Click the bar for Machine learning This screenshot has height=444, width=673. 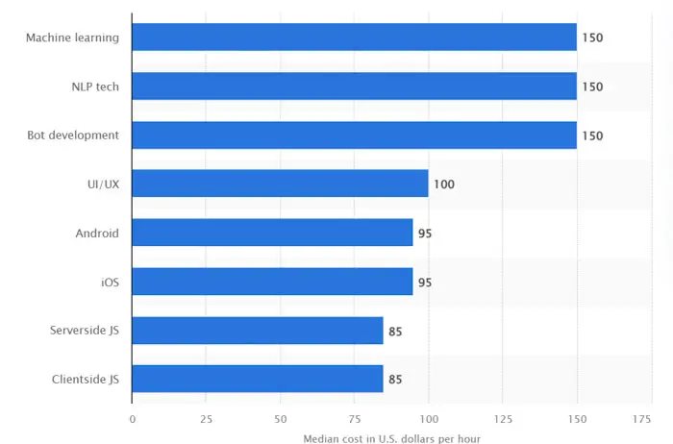pyautogui.click(x=354, y=37)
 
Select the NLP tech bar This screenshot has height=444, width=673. pyautogui.click(x=354, y=86)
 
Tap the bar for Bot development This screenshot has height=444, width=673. pyautogui.click(x=354, y=136)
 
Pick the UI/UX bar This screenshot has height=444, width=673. pyautogui.click(x=280, y=184)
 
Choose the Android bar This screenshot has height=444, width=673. pyautogui.click(x=272, y=233)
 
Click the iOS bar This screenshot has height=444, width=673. pyautogui.click(x=272, y=282)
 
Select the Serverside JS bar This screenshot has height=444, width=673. pyautogui.click(x=258, y=331)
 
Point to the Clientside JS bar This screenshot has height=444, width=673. pyautogui.click(x=258, y=379)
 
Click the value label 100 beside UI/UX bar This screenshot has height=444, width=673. pyautogui.click(x=443, y=184)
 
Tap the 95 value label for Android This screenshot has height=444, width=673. pyautogui.click(x=425, y=233)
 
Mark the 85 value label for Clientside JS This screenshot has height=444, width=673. pyautogui.click(x=395, y=380)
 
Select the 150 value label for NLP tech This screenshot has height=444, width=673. pyautogui.click(x=592, y=86)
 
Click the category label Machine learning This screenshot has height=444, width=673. pyautogui.click(x=72, y=37)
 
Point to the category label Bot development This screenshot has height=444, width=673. pyautogui.click(x=73, y=136)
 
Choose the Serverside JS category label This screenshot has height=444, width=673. pyautogui.click(x=85, y=331)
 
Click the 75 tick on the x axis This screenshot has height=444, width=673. pyautogui.click(x=355, y=419)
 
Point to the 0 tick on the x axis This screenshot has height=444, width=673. pyautogui.click(x=133, y=419)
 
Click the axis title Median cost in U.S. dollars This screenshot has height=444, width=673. pyautogui.click(x=391, y=438)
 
